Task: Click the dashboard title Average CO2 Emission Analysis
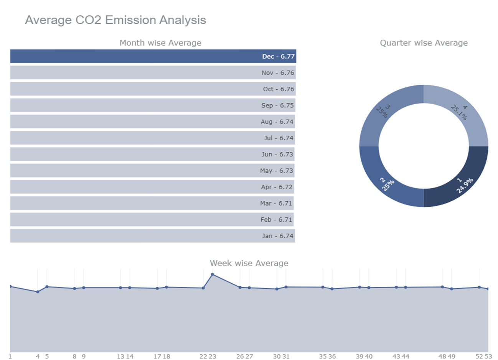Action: click(115, 20)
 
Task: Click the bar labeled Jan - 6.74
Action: click(152, 236)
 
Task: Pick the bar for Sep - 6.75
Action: click(152, 105)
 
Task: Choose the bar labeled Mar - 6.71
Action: click(152, 203)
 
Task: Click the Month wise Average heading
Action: click(160, 43)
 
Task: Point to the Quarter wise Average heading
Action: click(424, 43)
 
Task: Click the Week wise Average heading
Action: click(249, 263)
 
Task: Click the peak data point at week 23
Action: click(213, 275)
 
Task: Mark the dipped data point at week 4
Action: click(38, 292)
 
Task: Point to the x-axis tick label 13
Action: click(120, 357)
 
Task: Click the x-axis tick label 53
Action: click(488, 357)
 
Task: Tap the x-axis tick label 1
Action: click(10, 357)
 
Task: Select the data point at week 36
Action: click(332, 289)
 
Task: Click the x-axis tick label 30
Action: click(277, 357)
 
